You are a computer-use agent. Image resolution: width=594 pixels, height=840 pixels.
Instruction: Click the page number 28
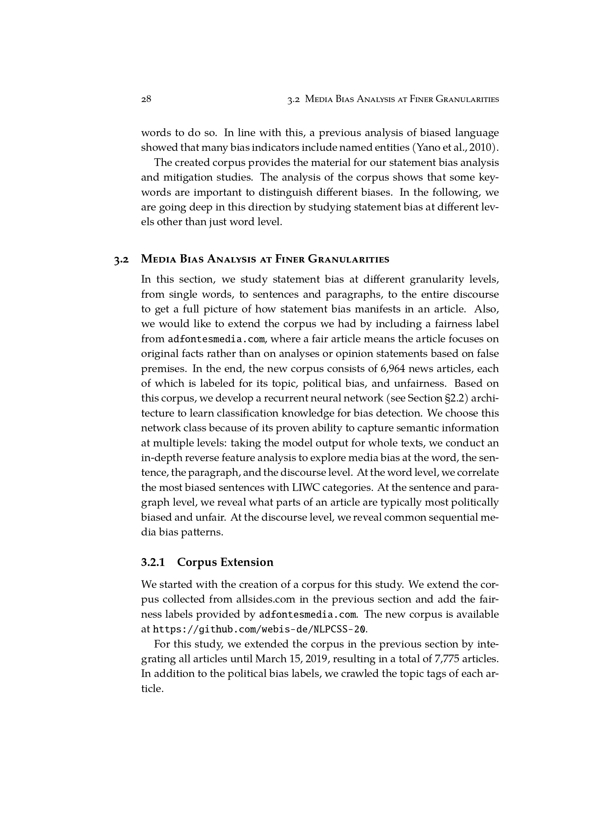point(146,99)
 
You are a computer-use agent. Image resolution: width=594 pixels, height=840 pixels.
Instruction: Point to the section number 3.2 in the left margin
point(121,260)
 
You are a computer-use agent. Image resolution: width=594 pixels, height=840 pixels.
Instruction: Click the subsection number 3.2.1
point(153,562)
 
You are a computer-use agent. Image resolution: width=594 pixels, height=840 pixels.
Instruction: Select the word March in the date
point(271,659)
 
